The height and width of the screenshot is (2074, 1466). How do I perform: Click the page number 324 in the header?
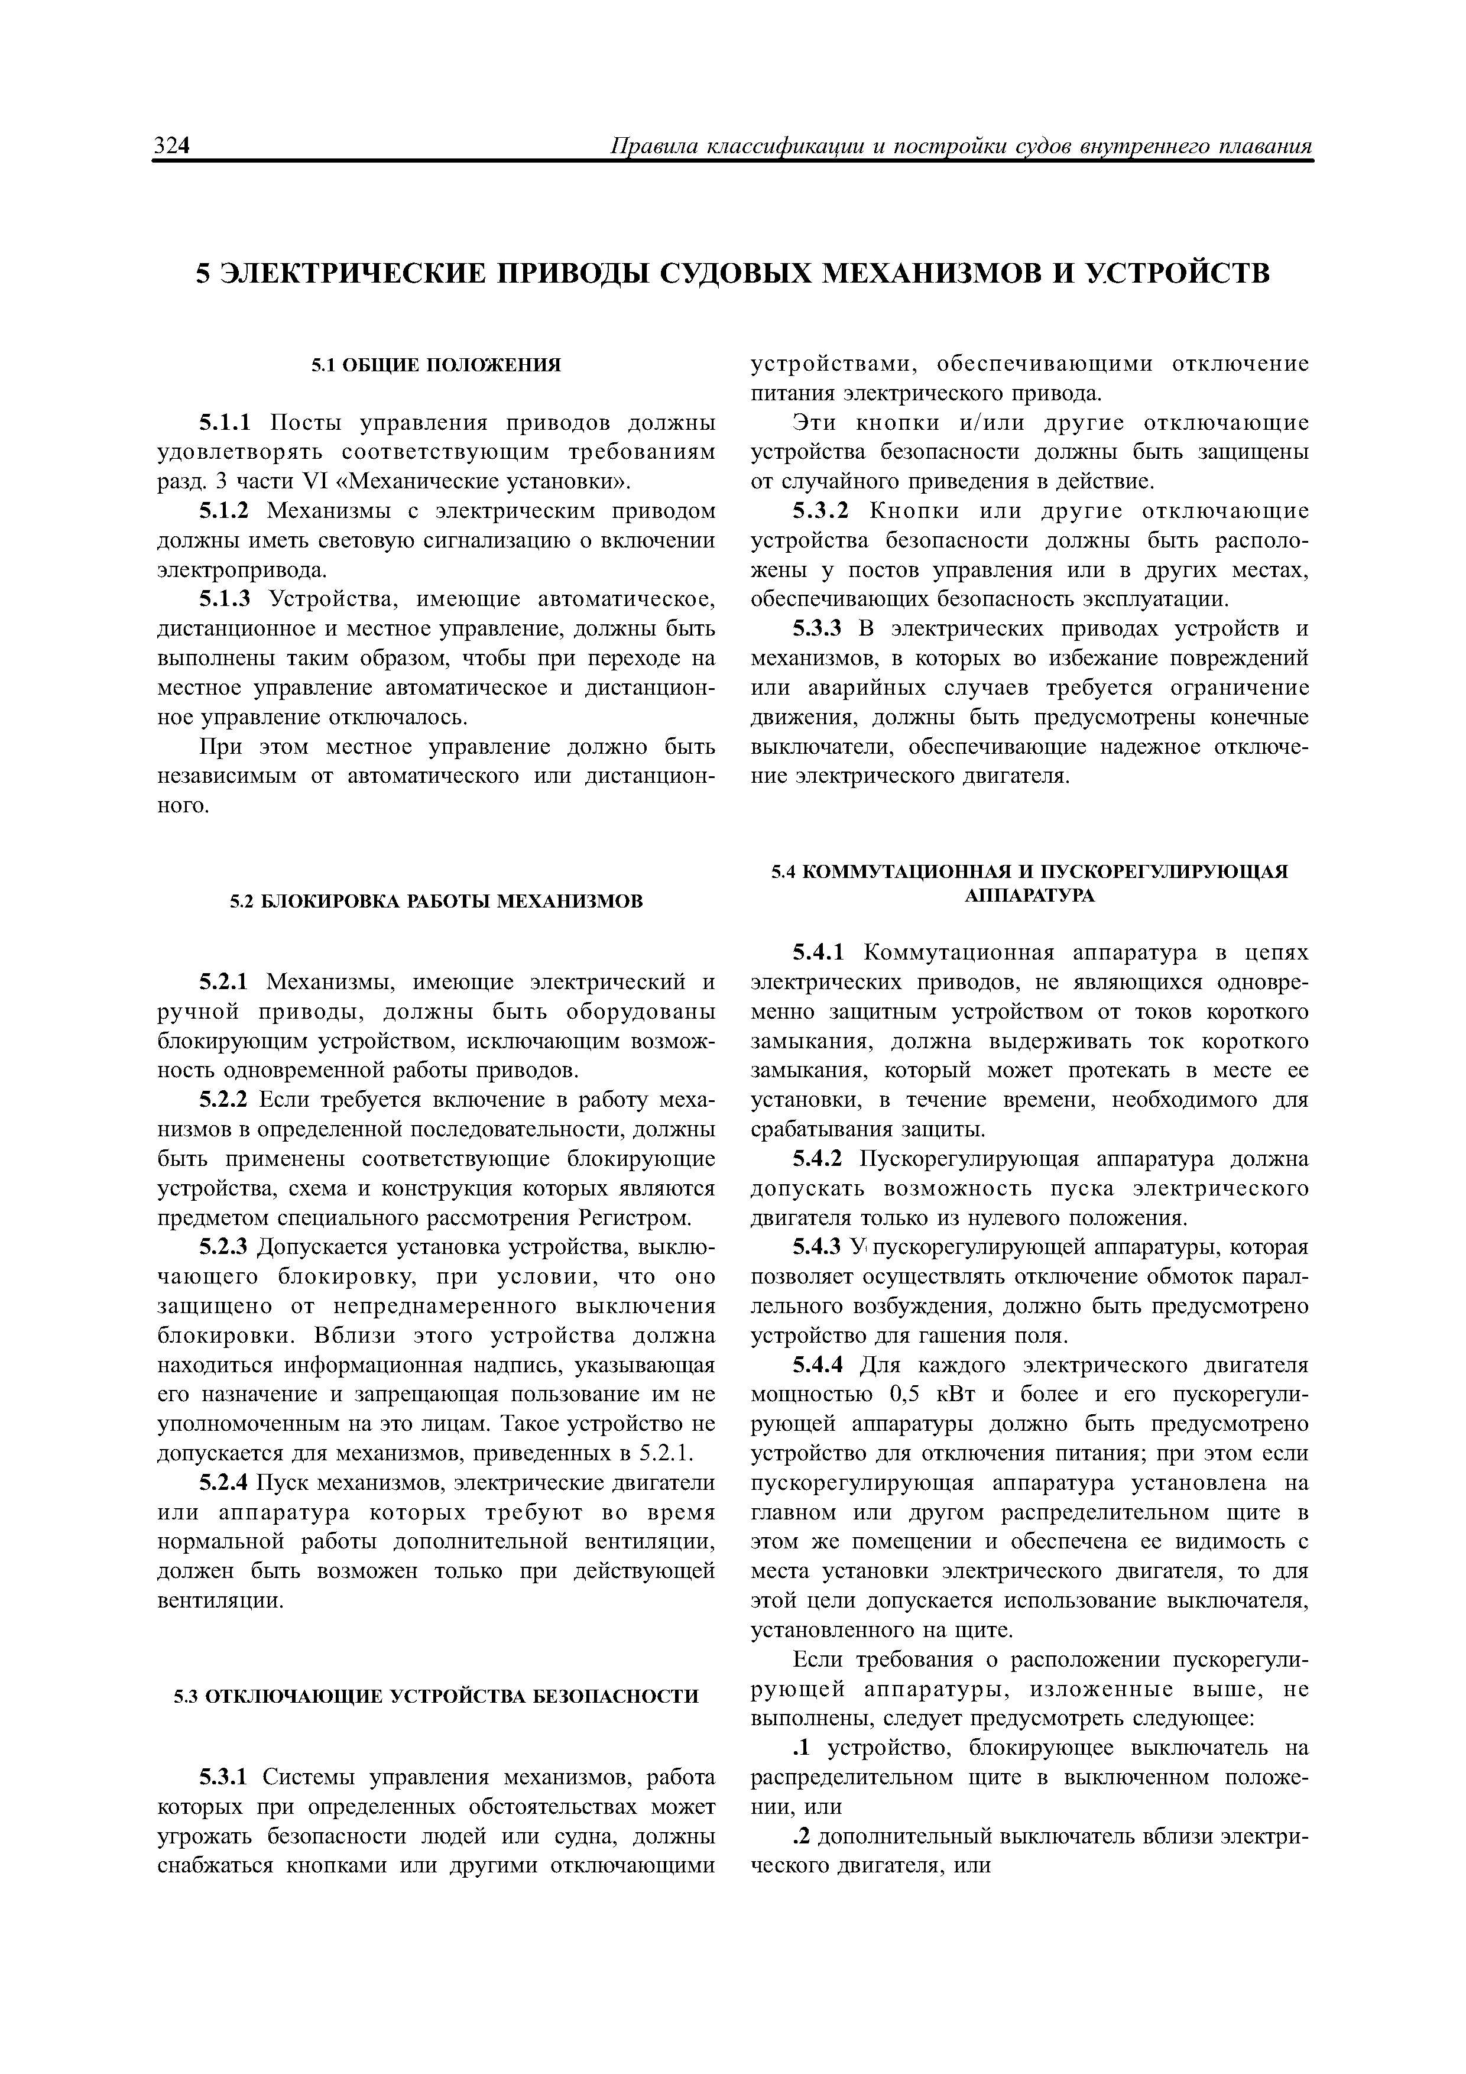click(x=171, y=147)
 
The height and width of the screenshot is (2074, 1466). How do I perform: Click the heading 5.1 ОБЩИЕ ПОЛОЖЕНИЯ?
click(x=436, y=365)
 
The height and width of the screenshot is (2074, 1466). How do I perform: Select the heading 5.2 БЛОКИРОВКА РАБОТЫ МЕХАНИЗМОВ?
click(x=436, y=902)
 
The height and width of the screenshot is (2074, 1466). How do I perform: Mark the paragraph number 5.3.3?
click(x=818, y=630)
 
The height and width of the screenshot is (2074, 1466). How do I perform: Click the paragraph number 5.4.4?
click(x=818, y=1365)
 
